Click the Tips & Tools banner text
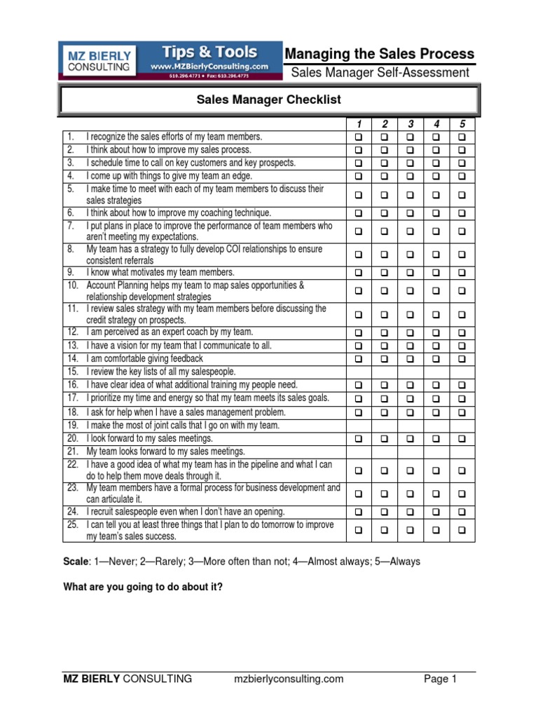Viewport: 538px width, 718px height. [x=210, y=53]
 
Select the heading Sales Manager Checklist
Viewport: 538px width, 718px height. [x=269, y=100]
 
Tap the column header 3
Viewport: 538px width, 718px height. [x=410, y=124]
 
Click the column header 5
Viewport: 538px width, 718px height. [x=462, y=124]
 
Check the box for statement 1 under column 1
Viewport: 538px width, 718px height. [x=359, y=137]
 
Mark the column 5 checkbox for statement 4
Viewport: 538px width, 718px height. [x=462, y=177]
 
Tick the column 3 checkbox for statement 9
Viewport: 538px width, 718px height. [x=410, y=273]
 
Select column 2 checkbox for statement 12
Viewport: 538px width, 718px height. [x=384, y=332]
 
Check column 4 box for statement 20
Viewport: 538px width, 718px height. [x=436, y=439]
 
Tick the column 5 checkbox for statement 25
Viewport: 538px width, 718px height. [x=462, y=531]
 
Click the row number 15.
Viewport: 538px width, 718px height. [x=72, y=372]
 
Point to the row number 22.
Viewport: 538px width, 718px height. [x=72, y=465]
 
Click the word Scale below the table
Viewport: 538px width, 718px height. [x=76, y=562]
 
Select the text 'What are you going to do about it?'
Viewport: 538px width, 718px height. [x=143, y=587]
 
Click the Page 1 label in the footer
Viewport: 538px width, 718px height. [x=441, y=678]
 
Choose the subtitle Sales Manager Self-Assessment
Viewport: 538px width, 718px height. [x=380, y=72]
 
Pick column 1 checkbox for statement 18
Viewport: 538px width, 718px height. [x=359, y=412]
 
